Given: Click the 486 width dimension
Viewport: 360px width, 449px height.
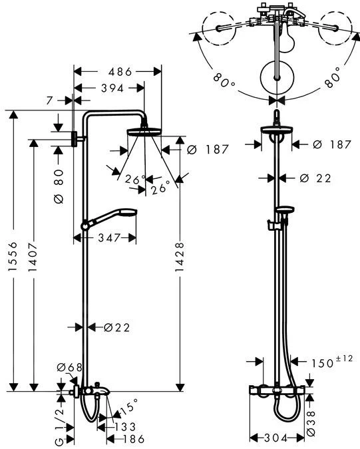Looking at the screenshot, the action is click(x=120, y=72).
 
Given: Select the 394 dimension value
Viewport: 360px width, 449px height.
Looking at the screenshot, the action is click(x=112, y=88).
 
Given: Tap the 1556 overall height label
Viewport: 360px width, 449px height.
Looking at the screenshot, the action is click(x=13, y=257).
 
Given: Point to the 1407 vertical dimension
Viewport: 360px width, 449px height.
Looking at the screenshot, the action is click(x=33, y=257).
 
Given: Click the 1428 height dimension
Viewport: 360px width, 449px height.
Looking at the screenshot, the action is click(x=179, y=257).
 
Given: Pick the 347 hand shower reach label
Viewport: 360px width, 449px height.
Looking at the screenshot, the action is click(x=109, y=237).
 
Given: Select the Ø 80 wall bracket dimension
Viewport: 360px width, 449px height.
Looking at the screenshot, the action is click(x=59, y=186).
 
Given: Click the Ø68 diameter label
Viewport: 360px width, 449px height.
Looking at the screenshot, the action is click(x=70, y=367).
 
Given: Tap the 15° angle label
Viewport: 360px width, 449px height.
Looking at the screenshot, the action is click(x=129, y=407).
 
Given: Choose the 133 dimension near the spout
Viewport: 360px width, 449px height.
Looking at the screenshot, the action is click(x=125, y=427).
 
